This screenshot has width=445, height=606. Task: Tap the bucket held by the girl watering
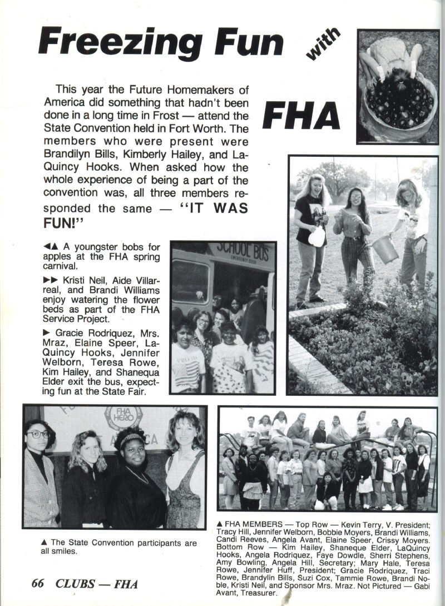(384, 249)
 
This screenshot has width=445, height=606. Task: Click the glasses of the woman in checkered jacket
(38, 434)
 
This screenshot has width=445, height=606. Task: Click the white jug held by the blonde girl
(316, 236)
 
